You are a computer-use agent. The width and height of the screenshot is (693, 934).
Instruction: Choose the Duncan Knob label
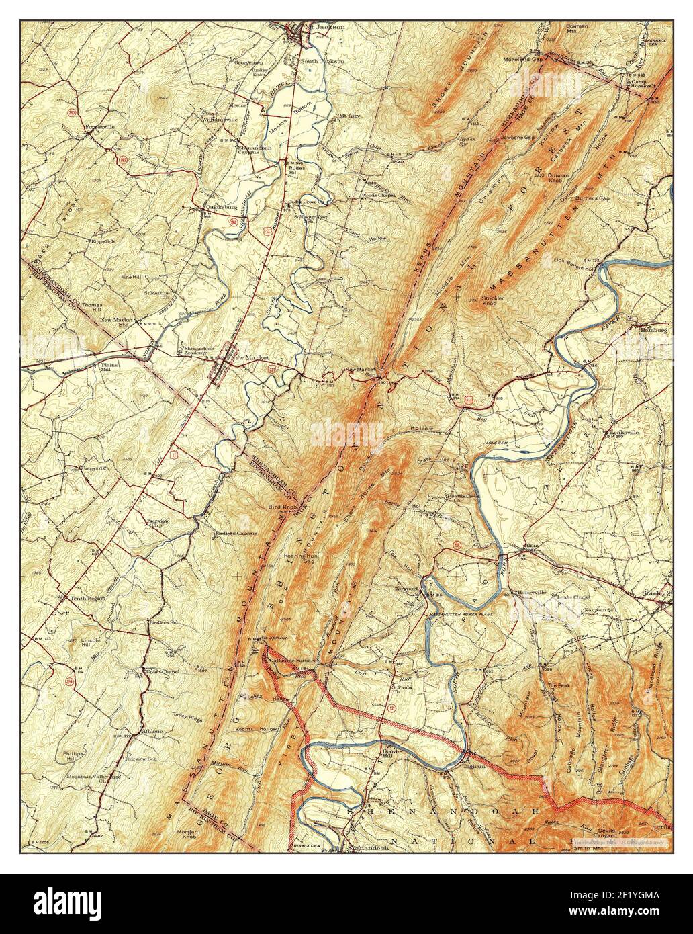[557, 178]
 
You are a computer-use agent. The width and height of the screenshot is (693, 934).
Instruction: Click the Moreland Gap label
[524, 59]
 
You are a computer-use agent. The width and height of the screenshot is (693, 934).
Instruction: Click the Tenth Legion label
[87, 598]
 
